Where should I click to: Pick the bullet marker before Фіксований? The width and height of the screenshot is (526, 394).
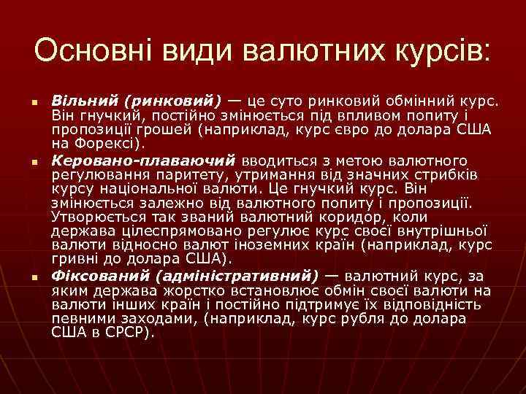point(34,277)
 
